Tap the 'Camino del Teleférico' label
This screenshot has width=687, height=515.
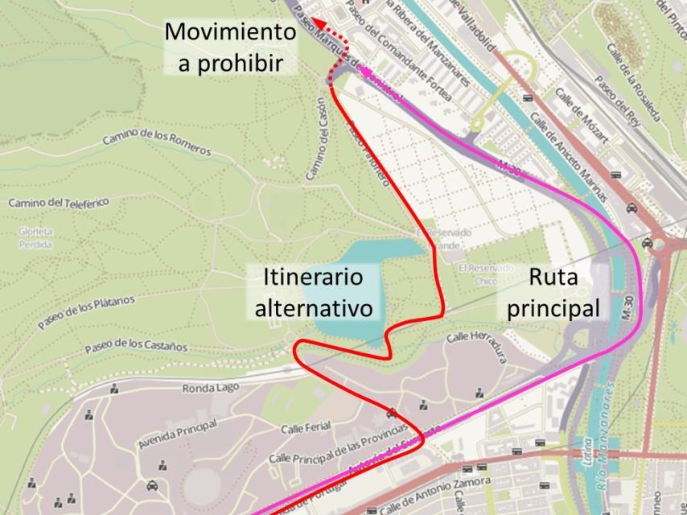click(58, 202)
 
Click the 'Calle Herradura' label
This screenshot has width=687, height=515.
click(477, 347)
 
